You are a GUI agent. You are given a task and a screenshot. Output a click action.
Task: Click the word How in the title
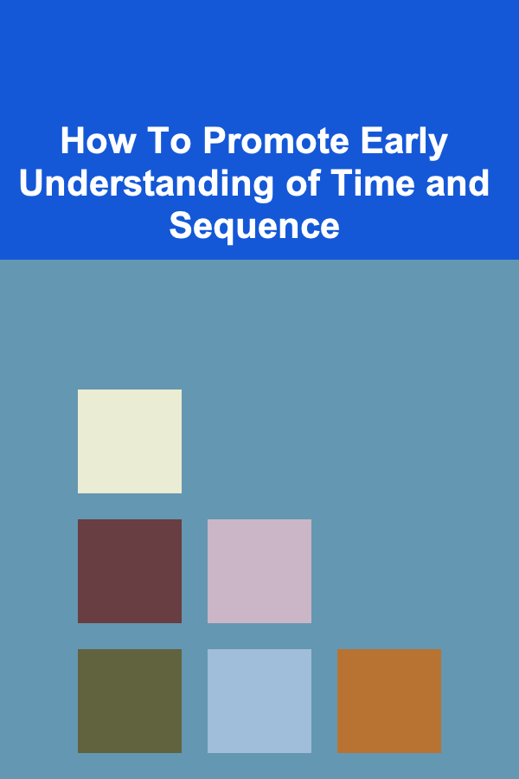pos(98,141)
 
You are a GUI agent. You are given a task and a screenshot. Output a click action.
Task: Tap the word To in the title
pos(170,141)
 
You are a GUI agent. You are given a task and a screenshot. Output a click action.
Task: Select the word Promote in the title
pos(276,141)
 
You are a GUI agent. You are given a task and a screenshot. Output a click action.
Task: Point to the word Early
pos(404,143)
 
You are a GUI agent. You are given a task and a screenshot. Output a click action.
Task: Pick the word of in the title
pos(304,183)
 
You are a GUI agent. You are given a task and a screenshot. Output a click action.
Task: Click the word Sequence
pos(254,227)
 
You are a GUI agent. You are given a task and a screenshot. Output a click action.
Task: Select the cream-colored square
pos(130,441)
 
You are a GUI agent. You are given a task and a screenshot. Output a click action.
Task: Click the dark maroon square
pos(130,571)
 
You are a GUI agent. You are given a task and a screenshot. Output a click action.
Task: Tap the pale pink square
pos(259,571)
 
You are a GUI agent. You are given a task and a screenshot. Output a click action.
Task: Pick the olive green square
pos(130,700)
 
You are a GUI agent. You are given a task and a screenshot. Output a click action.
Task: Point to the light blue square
pos(259,700)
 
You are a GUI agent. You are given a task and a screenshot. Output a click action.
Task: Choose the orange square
pos(389,700)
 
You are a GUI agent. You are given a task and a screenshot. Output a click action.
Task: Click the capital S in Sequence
pos(181,226)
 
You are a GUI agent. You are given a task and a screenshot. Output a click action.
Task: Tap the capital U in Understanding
pos(32,183)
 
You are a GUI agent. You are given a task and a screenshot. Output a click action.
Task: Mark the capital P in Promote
pos(215,141)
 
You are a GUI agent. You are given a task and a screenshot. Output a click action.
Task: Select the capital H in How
pos(73,141)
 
